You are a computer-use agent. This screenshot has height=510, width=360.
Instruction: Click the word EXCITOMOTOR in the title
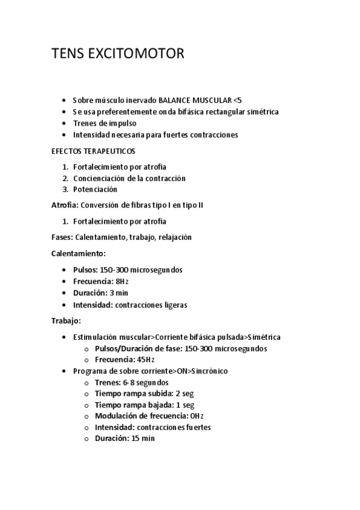pyautogui.click(x=138, y=54)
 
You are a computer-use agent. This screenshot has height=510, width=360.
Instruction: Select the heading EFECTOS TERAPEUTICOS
pyautogui.click(x=93, y=151)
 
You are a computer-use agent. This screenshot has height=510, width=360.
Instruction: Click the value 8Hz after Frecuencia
pyautogui.click(x=122, y=281)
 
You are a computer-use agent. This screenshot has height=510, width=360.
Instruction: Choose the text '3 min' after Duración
pyautogui.click(x=119, y=293)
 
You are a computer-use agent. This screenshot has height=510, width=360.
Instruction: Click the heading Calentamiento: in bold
pyautogui.click(x=79, y=254)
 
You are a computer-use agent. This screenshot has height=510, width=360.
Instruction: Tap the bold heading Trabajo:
pyautogui.click(x=66, y=321)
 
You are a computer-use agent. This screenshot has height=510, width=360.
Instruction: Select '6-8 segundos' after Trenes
pyautogui.click(x=145, y=382)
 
